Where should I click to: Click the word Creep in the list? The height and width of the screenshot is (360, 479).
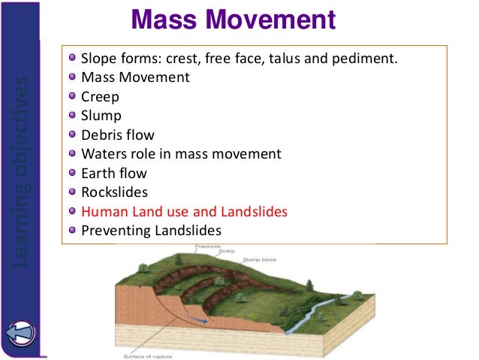click(100, 96)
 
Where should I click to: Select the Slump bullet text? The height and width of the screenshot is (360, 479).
click(101, 116)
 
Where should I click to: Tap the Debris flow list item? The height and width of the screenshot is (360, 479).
click(117, 135)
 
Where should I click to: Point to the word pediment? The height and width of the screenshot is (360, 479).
click(368, 58)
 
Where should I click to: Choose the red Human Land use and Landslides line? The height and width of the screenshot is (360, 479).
click(184, 212)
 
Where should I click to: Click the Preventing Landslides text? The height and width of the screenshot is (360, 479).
click(151, 231)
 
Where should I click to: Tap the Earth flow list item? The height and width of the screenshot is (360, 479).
click(113, 174)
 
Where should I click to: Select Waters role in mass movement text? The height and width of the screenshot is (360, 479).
click(180, 154)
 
